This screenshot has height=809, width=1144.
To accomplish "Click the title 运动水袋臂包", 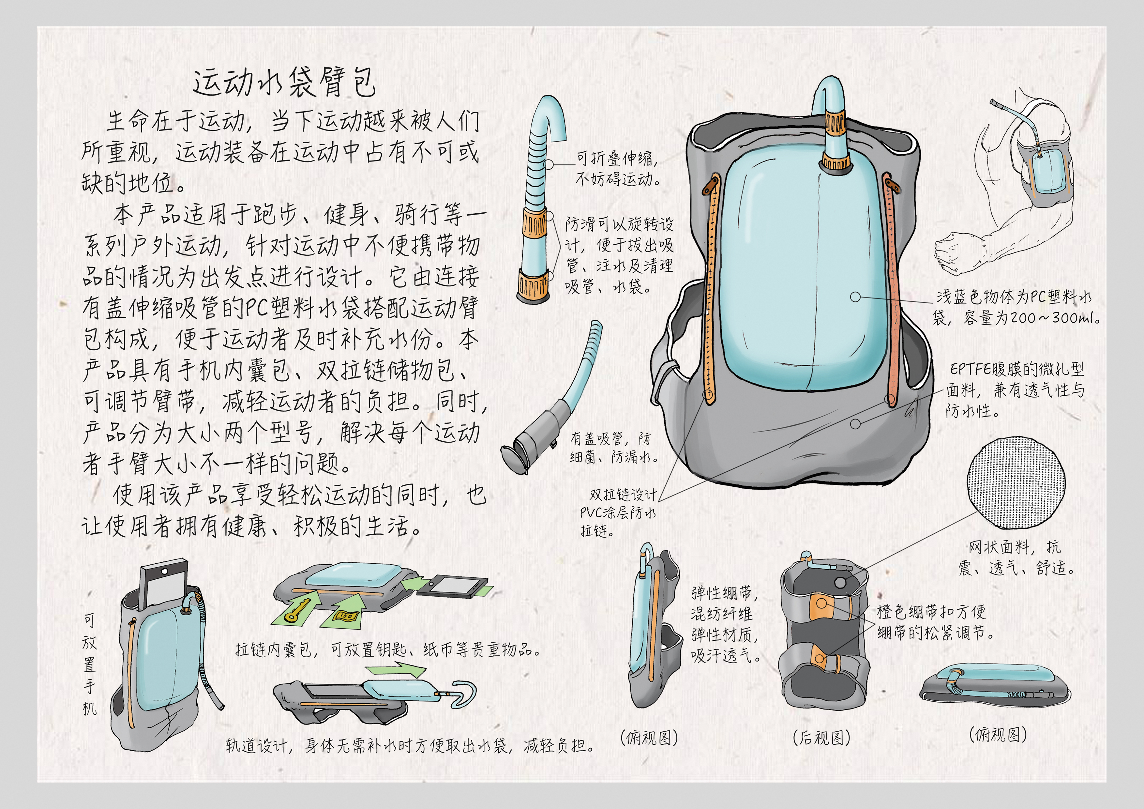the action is pyautogui.click(x=284, y=83).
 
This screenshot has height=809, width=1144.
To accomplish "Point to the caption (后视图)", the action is pyautogui.click(x=821, y=738).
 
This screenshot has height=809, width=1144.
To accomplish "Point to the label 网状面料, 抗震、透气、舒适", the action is pyautogui.click(x=1016, y=557).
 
